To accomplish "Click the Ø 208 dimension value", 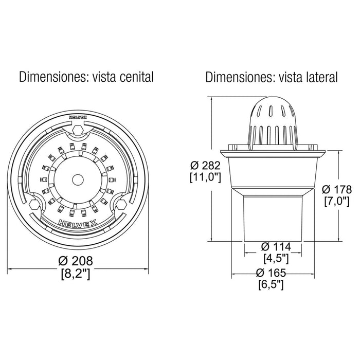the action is tap(76, 261).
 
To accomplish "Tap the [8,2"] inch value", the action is tap(76, 274).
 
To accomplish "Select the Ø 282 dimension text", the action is tap(206, 166).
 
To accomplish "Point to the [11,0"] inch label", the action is tap(206, 177).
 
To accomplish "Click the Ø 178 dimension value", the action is tap(337, 189).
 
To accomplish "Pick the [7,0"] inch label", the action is tap(337, 202).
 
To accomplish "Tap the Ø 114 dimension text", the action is tap(276, 247).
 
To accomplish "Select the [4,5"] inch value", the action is tap(276, 259).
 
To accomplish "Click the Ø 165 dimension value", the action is tap(271, 273).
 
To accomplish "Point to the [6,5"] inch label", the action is tap(271, 285).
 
